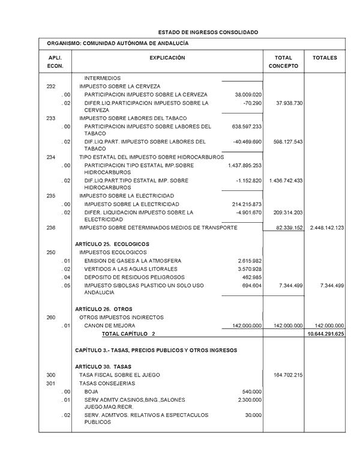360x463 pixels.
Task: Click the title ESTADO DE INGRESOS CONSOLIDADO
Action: tap(208, 31)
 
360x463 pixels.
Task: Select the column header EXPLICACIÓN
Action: tap(167, 58)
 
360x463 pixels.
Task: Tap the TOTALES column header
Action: tap(325, 58)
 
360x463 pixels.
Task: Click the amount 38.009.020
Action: tap(247, 95)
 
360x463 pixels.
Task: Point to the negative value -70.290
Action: tap(253, 103)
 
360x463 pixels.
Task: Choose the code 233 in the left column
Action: tap(51, 118)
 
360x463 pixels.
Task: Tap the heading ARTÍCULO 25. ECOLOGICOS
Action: tap(112, 244)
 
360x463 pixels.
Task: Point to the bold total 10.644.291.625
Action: tap(325, 333)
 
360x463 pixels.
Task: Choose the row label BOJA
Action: tap(91, 392)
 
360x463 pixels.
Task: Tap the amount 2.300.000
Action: tap(250, 399)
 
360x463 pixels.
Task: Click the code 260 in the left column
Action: tap(51, 317)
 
